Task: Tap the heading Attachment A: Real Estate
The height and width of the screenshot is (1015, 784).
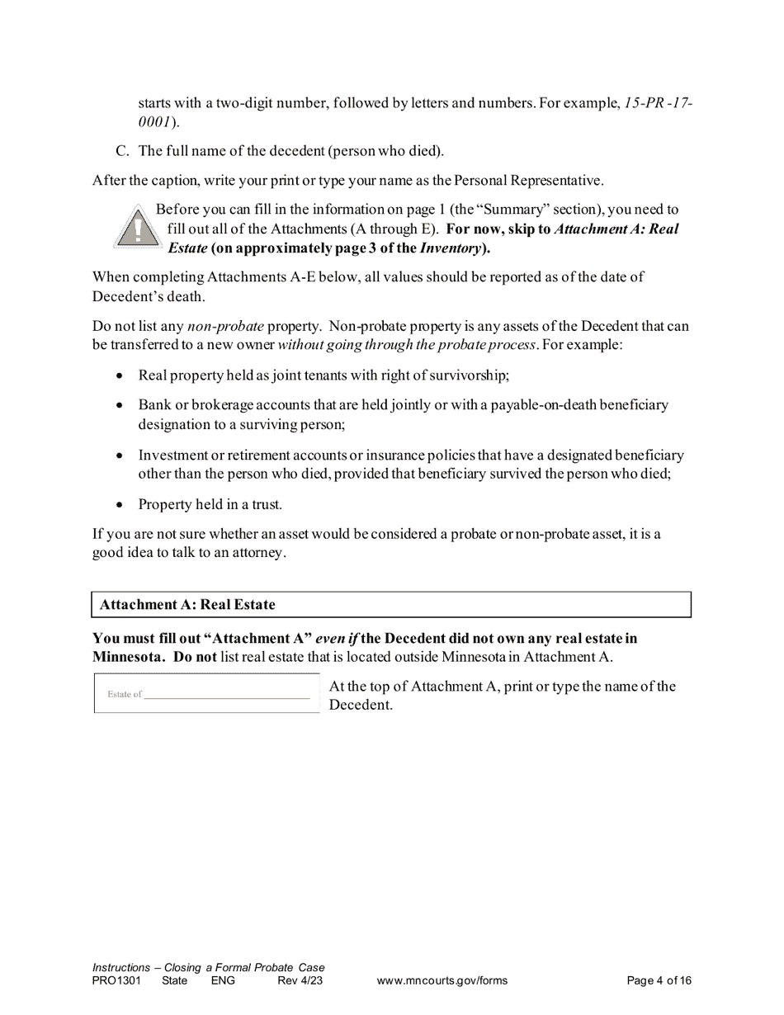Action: [187, 605]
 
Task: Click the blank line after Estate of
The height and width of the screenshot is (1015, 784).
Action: [226, 696]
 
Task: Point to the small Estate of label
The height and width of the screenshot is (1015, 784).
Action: [125, 694]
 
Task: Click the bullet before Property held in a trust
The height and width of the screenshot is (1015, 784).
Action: [120, 505]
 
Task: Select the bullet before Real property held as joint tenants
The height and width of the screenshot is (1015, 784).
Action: [120, 376]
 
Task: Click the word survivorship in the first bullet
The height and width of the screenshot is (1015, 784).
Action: [468, 375]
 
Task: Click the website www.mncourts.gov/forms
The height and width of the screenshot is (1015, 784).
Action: [442, 981]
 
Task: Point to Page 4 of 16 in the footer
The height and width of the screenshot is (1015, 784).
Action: [659, 981]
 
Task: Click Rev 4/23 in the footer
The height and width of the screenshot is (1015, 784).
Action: [300, 981]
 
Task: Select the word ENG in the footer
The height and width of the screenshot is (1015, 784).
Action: [223, 981]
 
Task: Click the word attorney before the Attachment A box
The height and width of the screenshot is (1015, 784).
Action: [257, 553]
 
